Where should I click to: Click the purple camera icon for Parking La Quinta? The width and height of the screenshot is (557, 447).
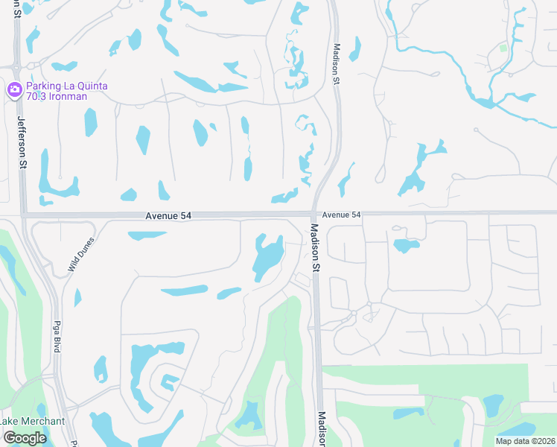(x=14, y=90)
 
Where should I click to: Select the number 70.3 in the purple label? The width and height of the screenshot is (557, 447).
(x=38, y=97)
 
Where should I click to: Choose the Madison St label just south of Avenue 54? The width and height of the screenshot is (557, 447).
(x=315, y=247)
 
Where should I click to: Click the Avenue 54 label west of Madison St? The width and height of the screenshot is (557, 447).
(x=169, y=215)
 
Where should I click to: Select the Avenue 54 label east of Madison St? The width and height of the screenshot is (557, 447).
(x=342, y=215)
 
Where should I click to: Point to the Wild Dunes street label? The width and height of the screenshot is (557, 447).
(x=82, y=254)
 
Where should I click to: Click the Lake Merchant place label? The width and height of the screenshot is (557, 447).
(x=33, y=421)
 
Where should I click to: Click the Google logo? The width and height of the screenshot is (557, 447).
(x=25, y=437)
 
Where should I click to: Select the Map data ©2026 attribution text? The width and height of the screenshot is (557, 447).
(x=524, y=441)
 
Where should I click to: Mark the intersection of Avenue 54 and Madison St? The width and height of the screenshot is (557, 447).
(x=313, y=215)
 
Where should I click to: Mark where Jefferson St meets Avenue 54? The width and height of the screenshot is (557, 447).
(x=23, y=215)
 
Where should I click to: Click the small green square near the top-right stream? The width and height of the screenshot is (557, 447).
(x=504, y=48)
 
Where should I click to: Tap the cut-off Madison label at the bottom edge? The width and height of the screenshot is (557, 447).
(x=322, y=430)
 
